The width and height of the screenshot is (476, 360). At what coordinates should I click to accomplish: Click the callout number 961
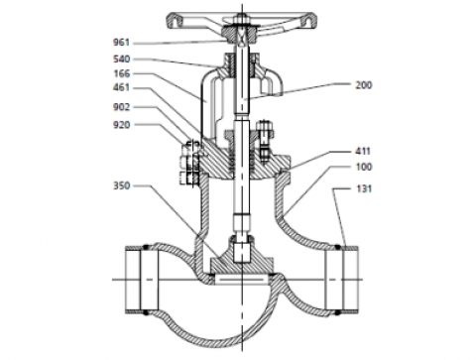[122, 43]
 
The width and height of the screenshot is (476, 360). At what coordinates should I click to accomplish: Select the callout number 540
[122, 59]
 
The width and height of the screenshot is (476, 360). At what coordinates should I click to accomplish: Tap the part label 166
[122, 73]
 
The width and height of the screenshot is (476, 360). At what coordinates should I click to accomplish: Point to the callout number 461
[122, 87]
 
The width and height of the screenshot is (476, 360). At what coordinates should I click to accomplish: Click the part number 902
[122, 107]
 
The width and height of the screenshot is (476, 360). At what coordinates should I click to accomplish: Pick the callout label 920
[122, 125]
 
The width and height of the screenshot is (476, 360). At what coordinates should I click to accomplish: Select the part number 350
[122, 185]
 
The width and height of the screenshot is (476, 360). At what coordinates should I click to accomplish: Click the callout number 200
[364, 85]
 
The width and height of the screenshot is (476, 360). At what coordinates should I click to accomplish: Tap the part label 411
[363, 151]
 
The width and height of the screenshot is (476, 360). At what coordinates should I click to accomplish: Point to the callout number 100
[364, 167]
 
